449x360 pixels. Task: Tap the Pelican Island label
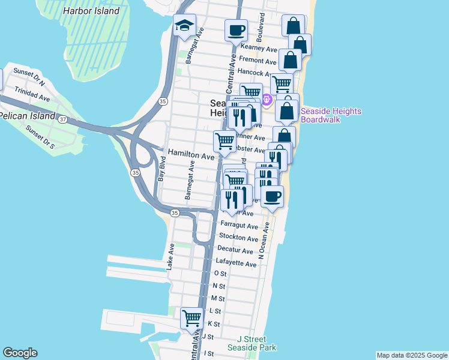(28, 115)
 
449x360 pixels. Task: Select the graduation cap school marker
(184, 26)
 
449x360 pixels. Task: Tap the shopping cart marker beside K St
(192, 317)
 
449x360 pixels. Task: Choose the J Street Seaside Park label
(252, 343)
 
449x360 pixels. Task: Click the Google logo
(20, 353)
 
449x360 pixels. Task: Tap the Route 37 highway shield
(63, 119)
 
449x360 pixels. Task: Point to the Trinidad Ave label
(33, 95)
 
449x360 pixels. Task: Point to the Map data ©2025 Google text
(411, 355)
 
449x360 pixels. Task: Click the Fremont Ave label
(257, 61)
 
